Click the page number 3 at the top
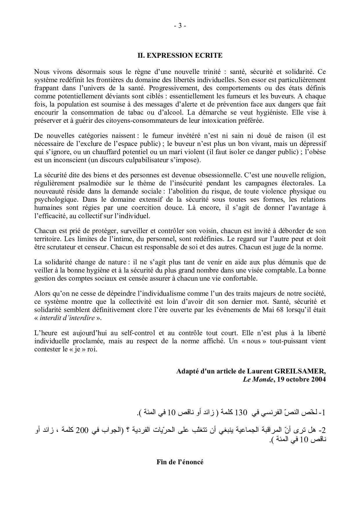click(180, 26)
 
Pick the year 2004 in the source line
click(318, 379)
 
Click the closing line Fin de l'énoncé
click(180, 462)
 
